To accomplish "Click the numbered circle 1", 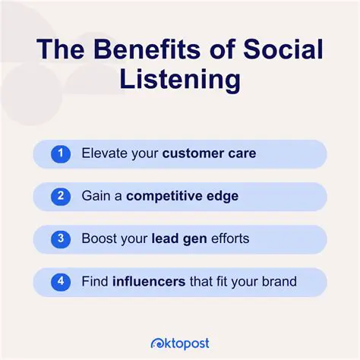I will coord(61,154).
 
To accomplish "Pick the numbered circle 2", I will coord(61,196).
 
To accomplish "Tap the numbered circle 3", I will coord(61,238).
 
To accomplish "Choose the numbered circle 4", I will coord(61,281).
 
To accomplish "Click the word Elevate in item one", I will coord(104,154).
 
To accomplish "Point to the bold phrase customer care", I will coord(209,154).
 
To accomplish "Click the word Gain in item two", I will coord(96,197).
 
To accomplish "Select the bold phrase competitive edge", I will coord(182,197).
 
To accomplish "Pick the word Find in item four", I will coord(95,282).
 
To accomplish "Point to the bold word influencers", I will coord(148,282).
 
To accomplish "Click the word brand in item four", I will coord(277,282).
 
